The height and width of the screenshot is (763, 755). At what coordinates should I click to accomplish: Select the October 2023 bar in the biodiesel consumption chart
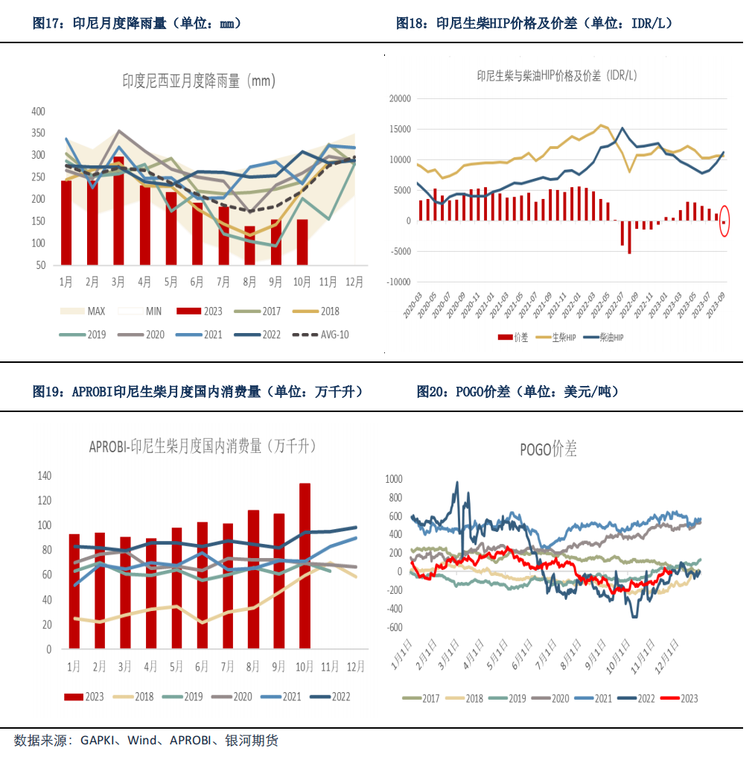pos(305,566)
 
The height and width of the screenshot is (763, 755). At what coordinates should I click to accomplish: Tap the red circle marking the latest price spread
pos(724,222)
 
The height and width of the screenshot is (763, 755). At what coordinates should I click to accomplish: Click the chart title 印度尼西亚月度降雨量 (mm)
pos(199,80)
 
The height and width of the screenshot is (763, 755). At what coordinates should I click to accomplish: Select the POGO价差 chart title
pos(548,449)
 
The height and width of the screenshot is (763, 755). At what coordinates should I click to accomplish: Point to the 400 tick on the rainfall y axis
pos(37,112)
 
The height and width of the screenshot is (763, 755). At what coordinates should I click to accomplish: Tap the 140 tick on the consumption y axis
pos(44,475)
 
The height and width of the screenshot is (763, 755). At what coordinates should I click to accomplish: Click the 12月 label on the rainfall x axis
pos(355,282)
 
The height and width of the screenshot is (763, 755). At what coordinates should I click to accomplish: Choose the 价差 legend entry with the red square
pos(513,338)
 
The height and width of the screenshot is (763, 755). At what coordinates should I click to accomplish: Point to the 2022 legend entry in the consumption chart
pos(331,697)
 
